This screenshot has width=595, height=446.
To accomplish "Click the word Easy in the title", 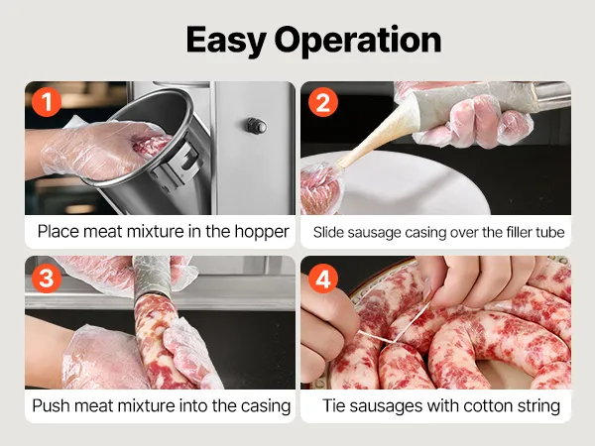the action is pyautogui.click(x=226, y=41).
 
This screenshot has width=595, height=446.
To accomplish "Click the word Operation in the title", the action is pyautogui.click(x=358, y=41).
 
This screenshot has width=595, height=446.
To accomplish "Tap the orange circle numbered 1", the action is pyautogui.click(x=47, y=101).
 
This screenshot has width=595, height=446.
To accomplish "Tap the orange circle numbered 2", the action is pyautogui.click(x=323, y=102).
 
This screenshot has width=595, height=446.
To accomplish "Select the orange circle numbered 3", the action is pyautogui.click(x=47, y=278).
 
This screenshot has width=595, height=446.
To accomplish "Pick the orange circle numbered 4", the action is pyautogui.click(x=323, y=279).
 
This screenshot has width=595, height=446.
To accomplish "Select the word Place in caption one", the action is pyautogui.click(x=59, y=231).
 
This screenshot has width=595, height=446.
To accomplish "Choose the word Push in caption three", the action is pyautogui.click(x=51, y=405).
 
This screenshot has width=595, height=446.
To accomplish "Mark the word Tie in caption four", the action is pyautogui.click(x=333, y=405).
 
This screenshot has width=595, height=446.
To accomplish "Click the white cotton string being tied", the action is pyautogui.click(x=395, y=326).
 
